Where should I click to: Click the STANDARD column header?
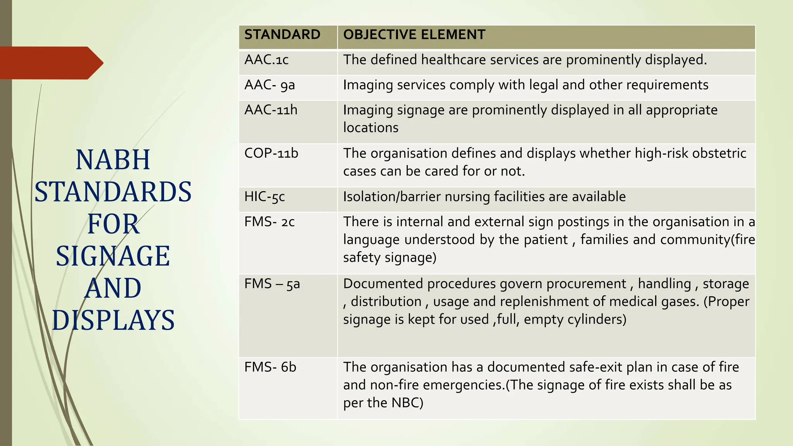pyautogui.click(x=282, y=35)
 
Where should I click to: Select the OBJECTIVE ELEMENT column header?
pyautogui.click(x=414, y=35)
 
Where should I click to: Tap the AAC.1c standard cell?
pyautogui.click(x=266, y=60)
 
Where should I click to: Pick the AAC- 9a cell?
pyautogui.click(x=269, y=85)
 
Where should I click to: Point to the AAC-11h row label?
pyautogui.click(x=271, y=110)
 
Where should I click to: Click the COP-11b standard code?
pyautogui.click(x=271, y=153)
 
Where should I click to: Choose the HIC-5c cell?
pyautogui.click(x=264, y=197)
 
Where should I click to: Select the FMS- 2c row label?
pyautogui.click(x=269, y=222)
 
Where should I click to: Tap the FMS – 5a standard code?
pyautogui.click(x=272, y=284)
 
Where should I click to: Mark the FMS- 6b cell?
pyautogui.click(x=270, y=367)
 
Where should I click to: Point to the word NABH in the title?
pyautogui.click(x=113, y=160)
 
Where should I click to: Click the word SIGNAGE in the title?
pyautogui.click(x=113, y=256)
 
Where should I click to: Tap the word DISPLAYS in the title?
pyautogui.click(x=113, y=321)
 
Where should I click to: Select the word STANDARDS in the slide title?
pyautogui.click(x=113, y=192)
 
